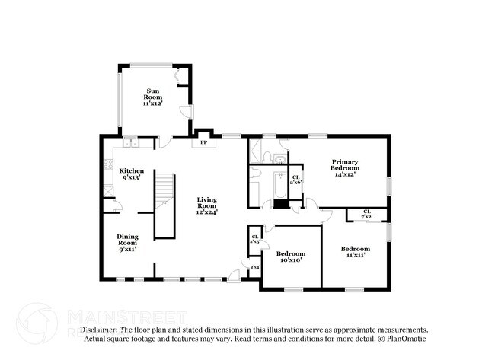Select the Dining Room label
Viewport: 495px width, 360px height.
(x=126, y=241)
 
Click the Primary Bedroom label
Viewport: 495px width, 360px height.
(x=343, y=167)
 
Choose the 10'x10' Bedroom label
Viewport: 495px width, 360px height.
(x=290, y=256)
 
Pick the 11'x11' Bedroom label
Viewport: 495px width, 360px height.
(x=355, y=252)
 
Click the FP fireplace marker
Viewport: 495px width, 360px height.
(x=203, y=142)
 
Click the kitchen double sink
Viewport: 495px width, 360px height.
(x=129, y=142)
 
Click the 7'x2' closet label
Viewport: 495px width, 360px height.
(x=366, y=214)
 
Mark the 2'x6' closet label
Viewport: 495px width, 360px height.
(x=296, y=180)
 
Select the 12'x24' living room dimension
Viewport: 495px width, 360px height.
(x=206, y=212)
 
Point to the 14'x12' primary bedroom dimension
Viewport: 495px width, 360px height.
(x=344, y=174)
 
